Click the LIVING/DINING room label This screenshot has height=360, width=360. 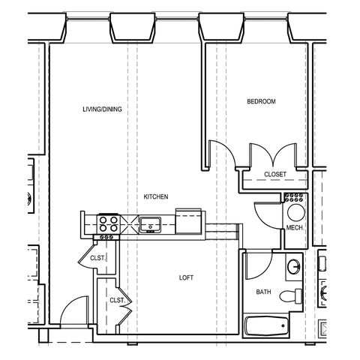pyautogui.click(x=102, y=109)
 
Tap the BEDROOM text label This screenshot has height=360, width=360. pyautogui.click(x=261, y=101)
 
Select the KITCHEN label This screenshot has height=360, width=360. pyautogui.click(x=156, y=196)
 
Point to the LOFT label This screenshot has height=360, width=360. pyautogui.click(x=186, y=277)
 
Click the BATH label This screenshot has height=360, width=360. pyautogui.click(x=263, y=292)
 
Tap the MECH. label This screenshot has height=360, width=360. pyautogui.click(x=295, y=228)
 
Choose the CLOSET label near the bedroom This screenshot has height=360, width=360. pyautogui.click(x=275, y=174)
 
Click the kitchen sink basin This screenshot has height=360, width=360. pyautogui.click(x=150, y=225)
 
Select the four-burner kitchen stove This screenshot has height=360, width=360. pyautogui.click(x=108, y=224)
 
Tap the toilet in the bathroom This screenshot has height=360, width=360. pyautogui.click(x=291, y=296)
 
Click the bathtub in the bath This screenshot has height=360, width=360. pyautogui.click(x=267, y=326)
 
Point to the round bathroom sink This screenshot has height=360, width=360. pyautogui.click(x=293, y=267)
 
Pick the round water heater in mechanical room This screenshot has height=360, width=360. pyautogui.click(x=296, y=213)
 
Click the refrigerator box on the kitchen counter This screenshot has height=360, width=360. pyautogui.click(x=188, y=221)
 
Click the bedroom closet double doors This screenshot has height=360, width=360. pyautogui.click(x=273, y=155)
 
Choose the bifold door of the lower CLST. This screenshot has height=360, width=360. pyautogui.click(x=125, y=306)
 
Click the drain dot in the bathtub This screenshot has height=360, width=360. pyautogui.click(x=283, y=325)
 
